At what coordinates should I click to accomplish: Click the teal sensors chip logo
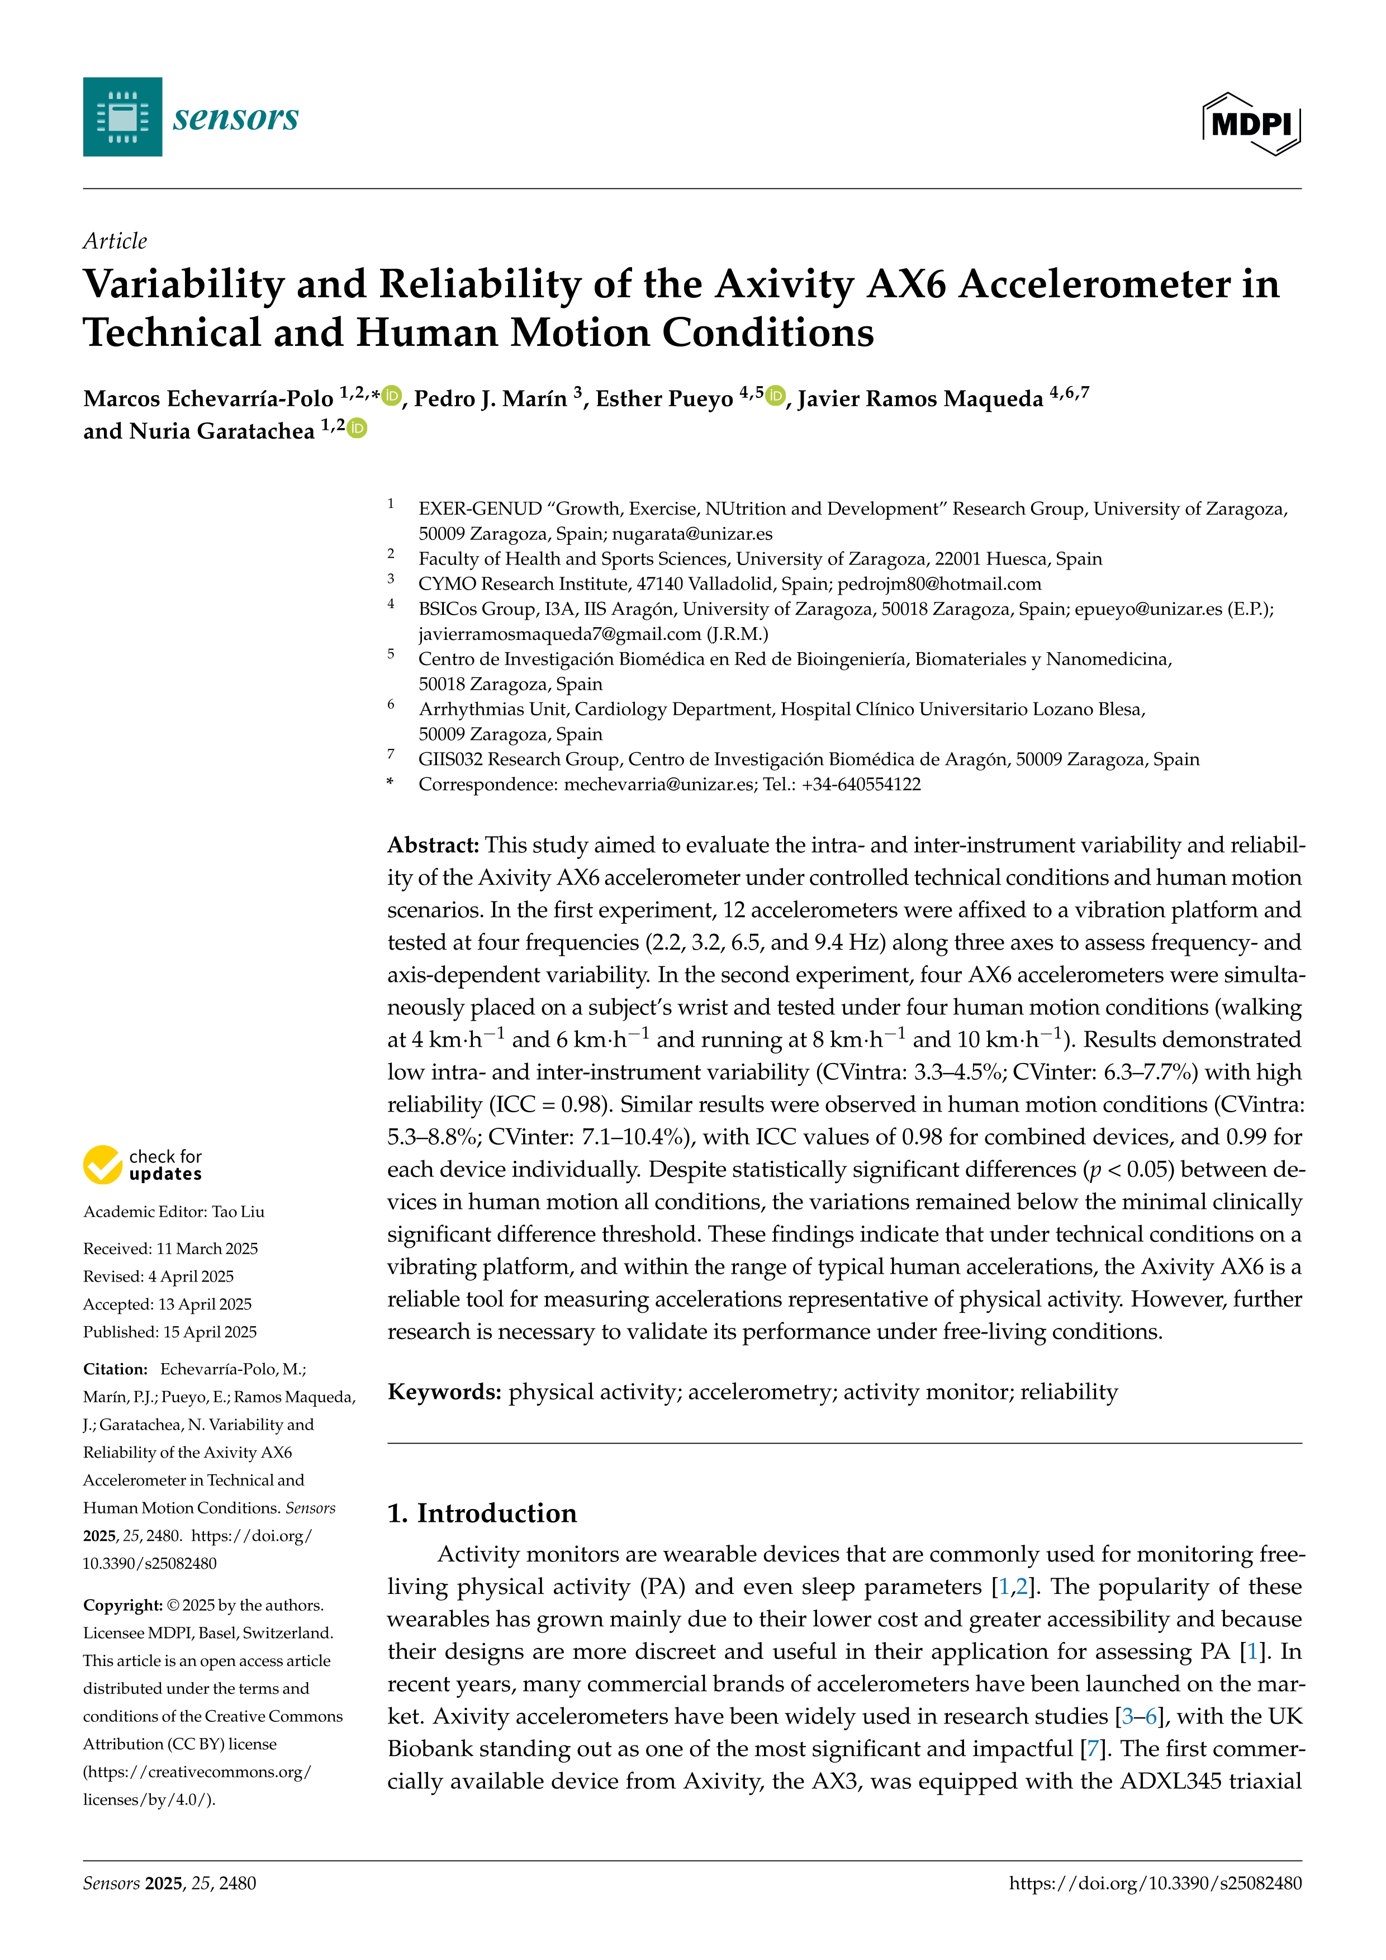(122, 117)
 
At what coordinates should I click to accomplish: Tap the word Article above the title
(115, 241)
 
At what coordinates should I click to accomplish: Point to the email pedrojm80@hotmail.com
(939, 584)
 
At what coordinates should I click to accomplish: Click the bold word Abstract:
(434, 845)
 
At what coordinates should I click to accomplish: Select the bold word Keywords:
(444, 1392)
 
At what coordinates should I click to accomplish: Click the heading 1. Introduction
(481, 1513)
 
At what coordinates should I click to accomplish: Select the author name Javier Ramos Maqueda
(920, 398)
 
